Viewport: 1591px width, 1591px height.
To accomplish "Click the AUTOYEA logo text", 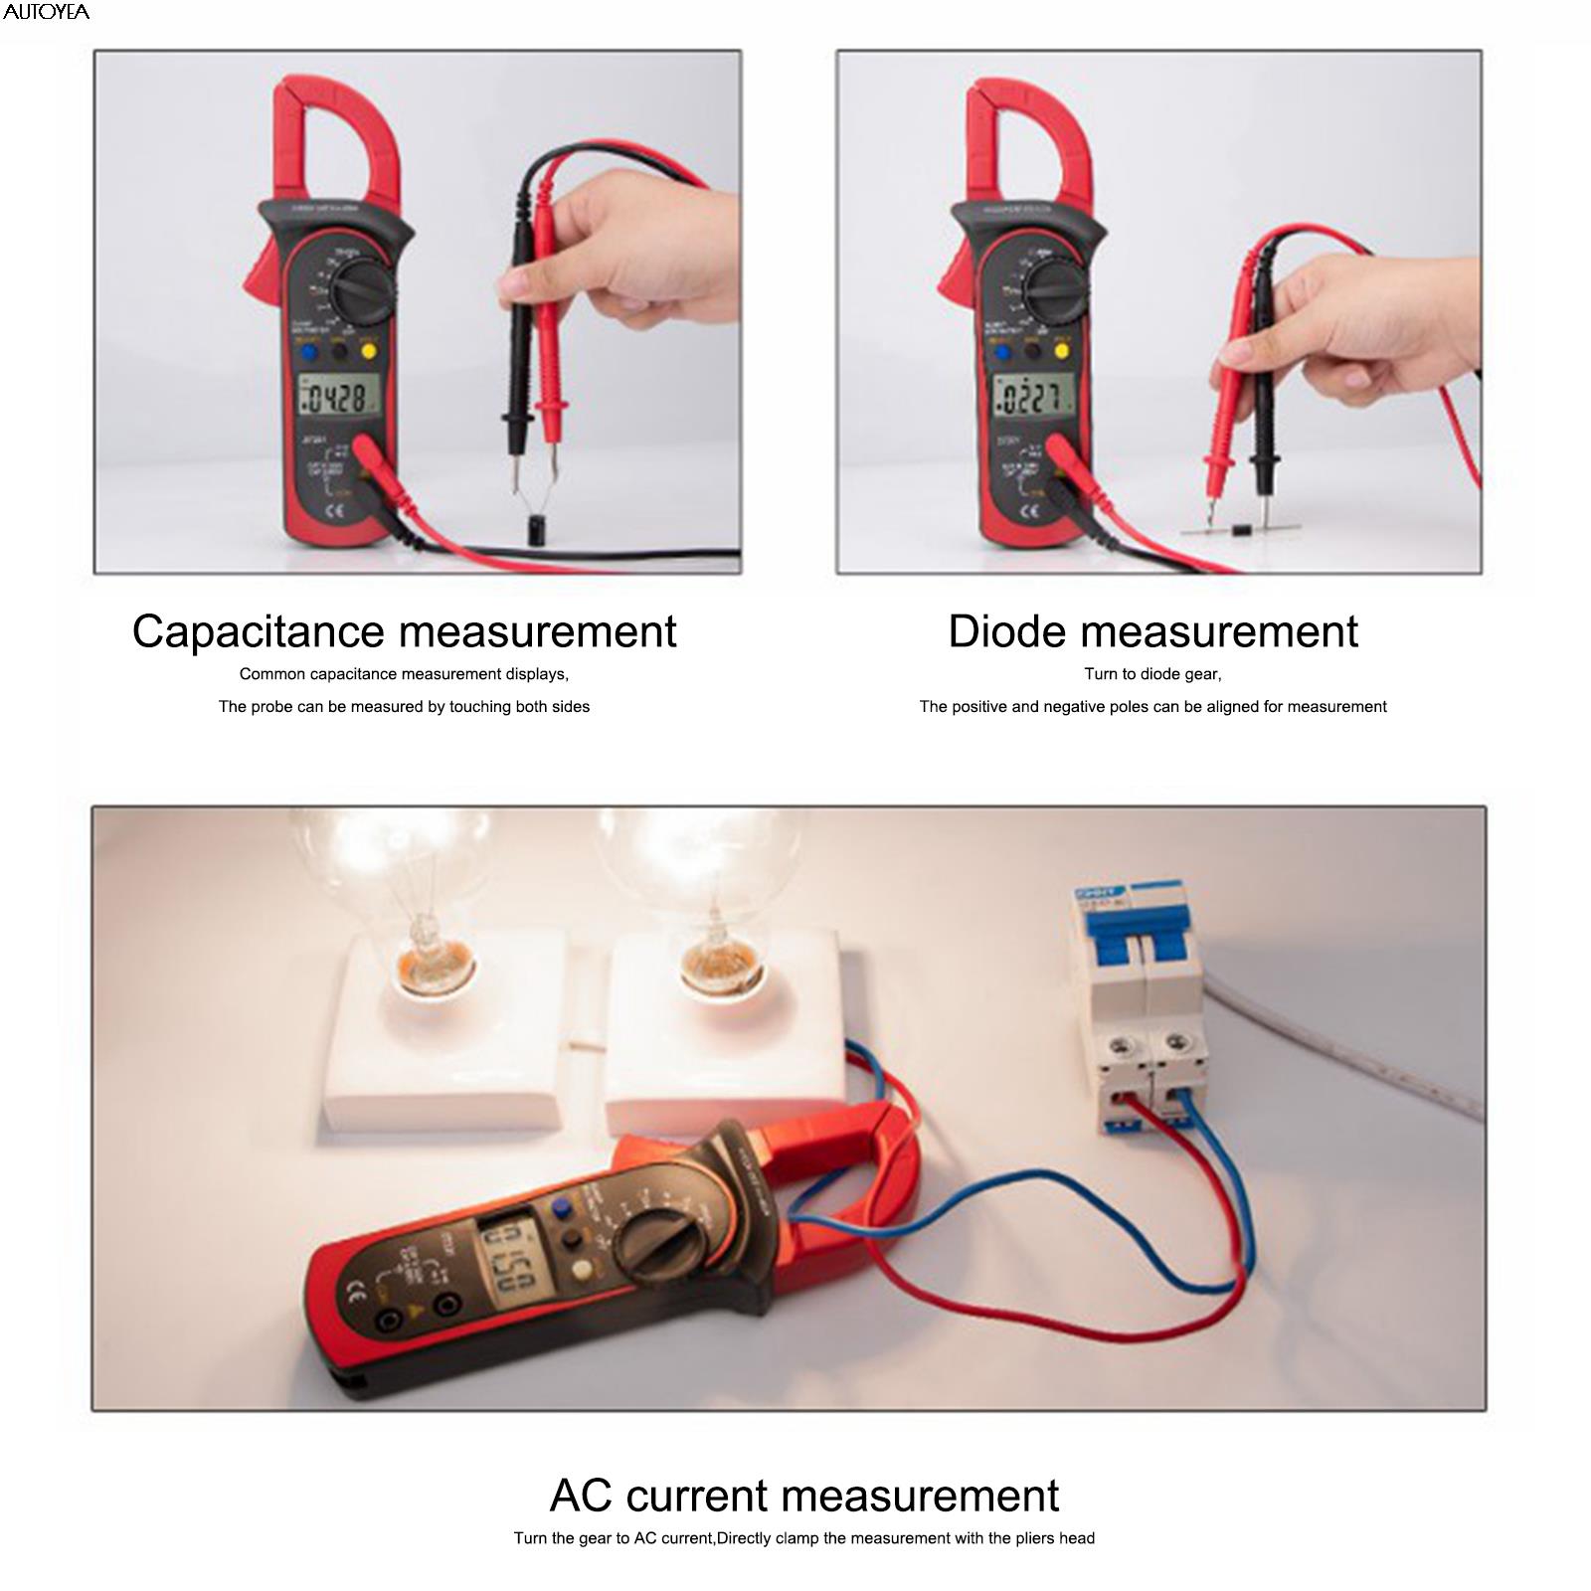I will pos(46,12).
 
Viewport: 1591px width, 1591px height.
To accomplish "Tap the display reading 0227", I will pos(1032,398).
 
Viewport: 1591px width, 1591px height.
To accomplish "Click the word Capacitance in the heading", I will pos(258,631).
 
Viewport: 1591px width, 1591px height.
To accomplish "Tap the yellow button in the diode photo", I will pos(1062,350).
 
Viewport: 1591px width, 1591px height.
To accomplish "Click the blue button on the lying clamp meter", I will pos(564,1208).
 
